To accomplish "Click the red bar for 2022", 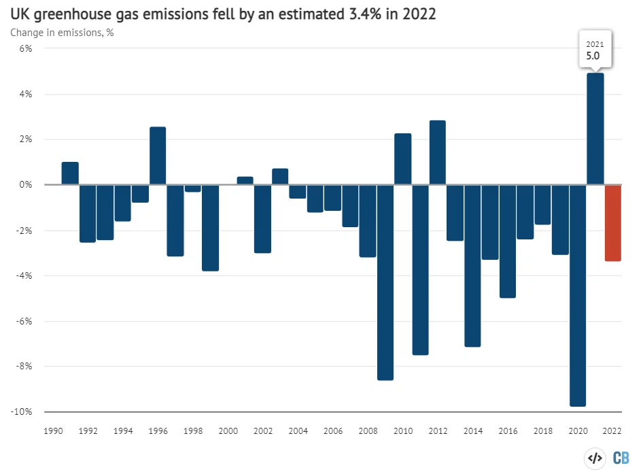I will point(613,223).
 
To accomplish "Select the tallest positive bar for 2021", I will point(595,129).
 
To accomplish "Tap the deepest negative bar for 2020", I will point(578,295).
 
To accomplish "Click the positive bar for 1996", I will point(158,156).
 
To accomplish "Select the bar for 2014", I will point(473,265).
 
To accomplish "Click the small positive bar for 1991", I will point(70,173).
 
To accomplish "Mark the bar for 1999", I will point(210,228).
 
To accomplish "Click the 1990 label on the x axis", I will point(53,431).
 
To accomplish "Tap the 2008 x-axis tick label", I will point(368,431).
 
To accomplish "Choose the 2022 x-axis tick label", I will point(612,431).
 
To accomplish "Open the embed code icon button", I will point(595,457).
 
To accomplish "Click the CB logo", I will point(621,457).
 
